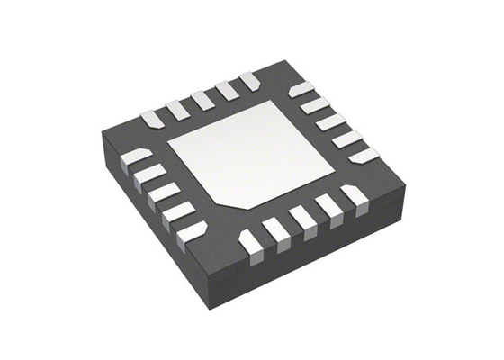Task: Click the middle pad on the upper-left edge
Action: click(202, 100)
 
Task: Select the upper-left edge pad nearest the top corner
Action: click(250, 81)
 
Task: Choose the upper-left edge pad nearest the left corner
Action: click(152, 118)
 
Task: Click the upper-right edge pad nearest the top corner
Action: click(301, 89)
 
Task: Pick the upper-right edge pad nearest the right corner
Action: click(364, 155)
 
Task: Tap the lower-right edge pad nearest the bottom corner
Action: click(251, 241)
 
